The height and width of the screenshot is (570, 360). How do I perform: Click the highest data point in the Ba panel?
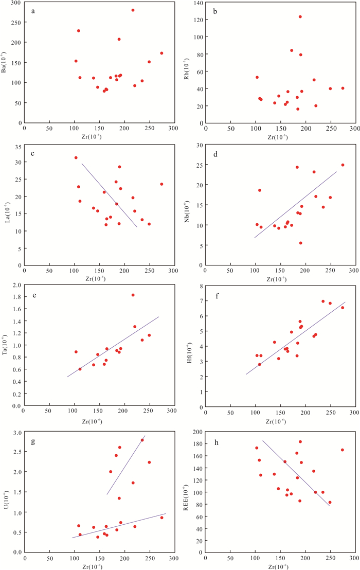pos(133,10)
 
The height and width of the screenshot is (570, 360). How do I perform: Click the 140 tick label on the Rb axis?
pos(195,3)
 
